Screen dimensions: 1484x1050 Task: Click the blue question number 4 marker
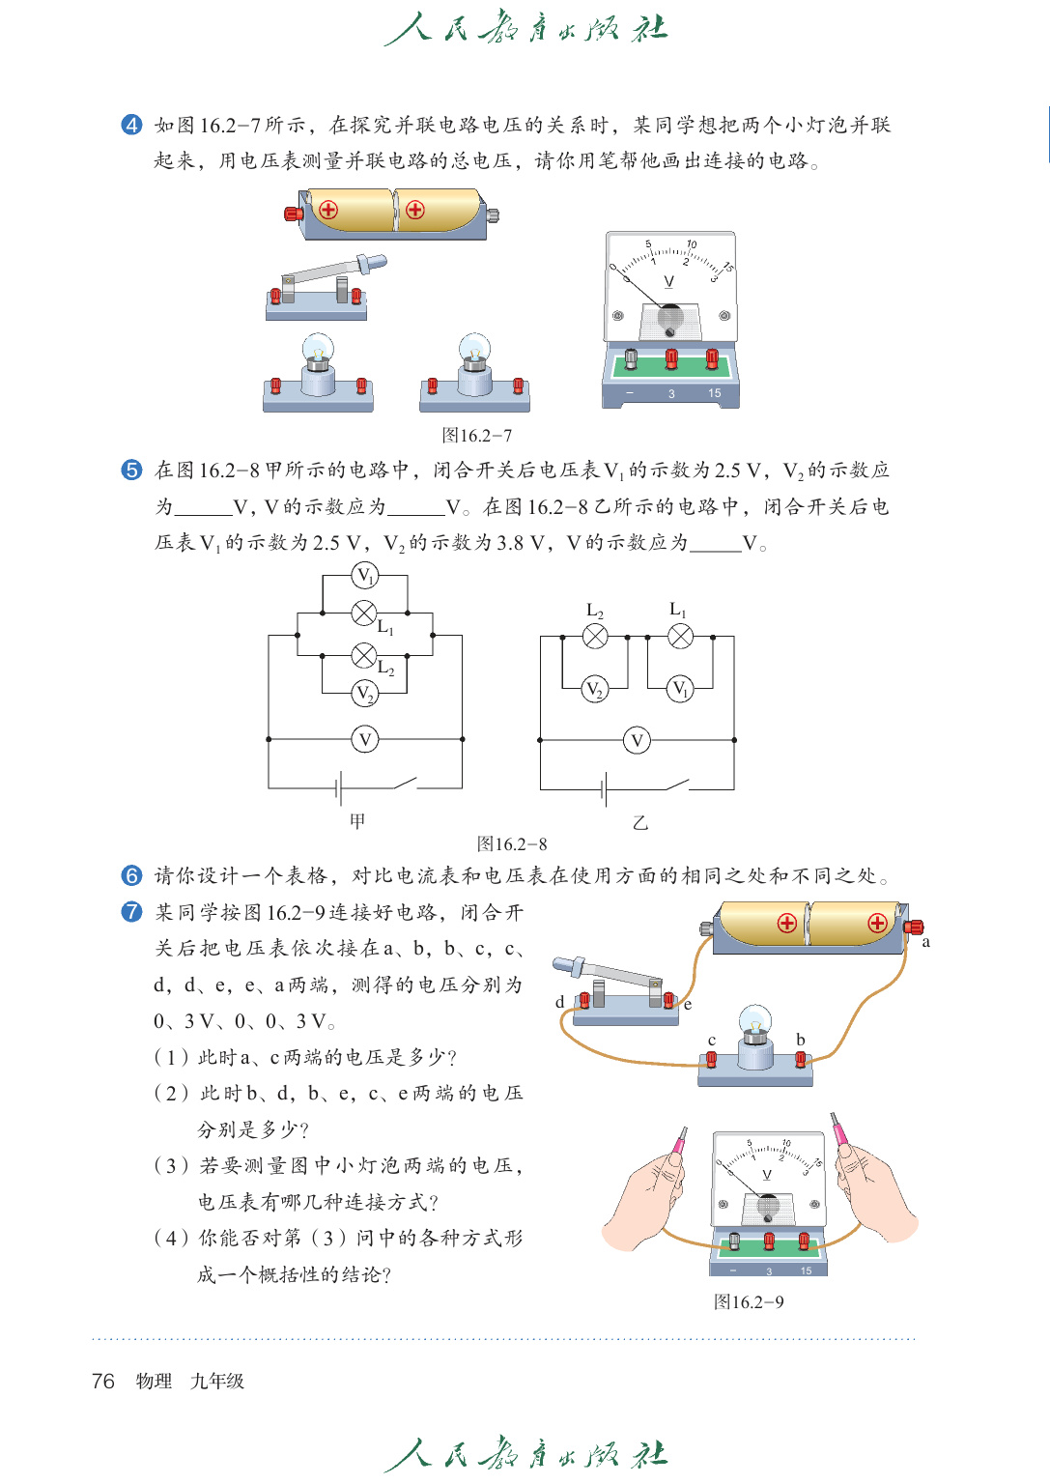pos(131,125)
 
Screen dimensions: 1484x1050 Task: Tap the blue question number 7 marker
pos(131,912)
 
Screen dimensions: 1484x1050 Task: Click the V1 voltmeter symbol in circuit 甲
pos(364,577)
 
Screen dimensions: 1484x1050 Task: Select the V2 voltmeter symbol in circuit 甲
pos(364,693)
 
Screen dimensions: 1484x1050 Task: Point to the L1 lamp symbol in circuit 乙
pos(681,636)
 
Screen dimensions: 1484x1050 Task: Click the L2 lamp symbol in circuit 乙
pos(596,636)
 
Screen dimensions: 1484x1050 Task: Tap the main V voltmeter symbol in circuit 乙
pos(637,741)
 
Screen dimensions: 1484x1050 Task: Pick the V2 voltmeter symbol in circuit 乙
pos(595,689)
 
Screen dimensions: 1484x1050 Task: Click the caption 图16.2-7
pos(477,436)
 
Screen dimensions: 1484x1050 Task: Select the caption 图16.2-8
pos(512,844)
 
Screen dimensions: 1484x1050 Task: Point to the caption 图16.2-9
pos(749,1302)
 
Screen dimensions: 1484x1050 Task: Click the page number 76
pos(102,1382)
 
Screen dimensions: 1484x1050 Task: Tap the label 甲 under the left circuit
pos(357,821)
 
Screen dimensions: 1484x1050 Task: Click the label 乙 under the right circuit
pos(639,823)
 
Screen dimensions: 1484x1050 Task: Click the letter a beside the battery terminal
pos(926,942)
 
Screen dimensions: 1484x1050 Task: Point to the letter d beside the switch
pos(560,1002)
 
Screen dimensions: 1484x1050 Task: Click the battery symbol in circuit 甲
pos(339,788)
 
